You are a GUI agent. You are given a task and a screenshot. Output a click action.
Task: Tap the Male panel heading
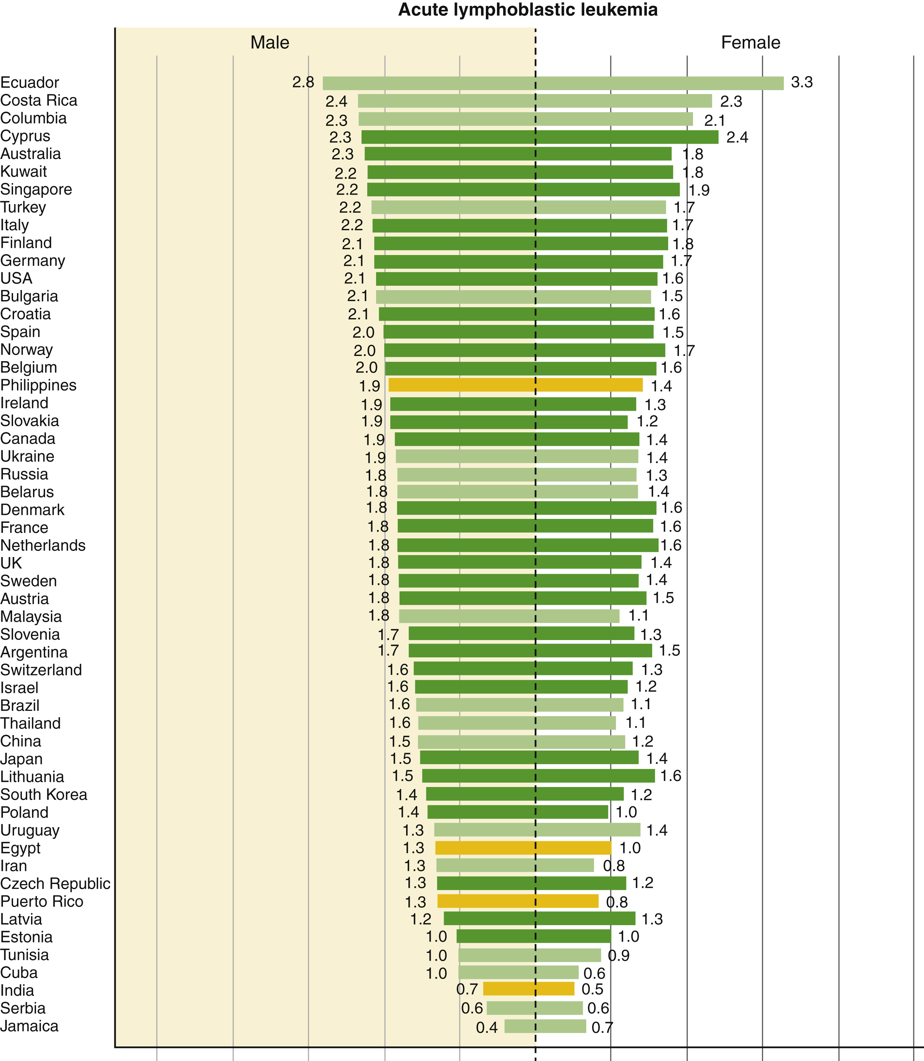point(270,42)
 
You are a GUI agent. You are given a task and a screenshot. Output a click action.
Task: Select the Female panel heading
point(750,42)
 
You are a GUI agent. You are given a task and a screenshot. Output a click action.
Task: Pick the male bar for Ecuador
point(429,83)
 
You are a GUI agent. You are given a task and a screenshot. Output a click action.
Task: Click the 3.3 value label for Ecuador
point(802,82)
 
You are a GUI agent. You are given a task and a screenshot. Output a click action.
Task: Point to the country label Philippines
point(39,385)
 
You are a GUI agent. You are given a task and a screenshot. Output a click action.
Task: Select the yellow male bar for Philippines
point(462,385)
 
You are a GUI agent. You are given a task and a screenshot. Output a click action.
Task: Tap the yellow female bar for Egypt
point(574,848)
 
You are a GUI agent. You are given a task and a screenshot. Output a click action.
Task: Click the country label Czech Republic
point(55,883)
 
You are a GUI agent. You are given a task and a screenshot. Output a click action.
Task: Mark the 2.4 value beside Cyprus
point(737,137)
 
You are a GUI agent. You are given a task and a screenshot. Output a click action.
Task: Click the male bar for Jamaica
point(520,1026)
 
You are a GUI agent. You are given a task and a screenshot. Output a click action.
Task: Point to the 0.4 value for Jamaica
point(487,1027)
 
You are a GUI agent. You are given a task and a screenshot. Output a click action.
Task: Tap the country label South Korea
point(44,794)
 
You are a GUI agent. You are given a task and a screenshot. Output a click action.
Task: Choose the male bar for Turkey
point(453,207)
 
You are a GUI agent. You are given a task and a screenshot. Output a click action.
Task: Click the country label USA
point(16,278)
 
